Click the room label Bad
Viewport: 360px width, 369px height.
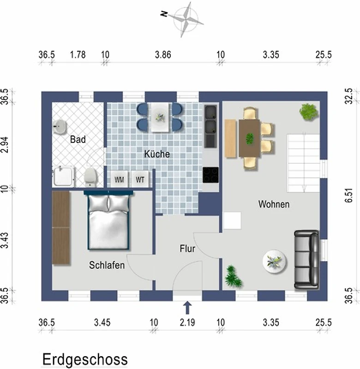pyautogui.click(x=78, y=139)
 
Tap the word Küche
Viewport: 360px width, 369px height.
pyautogui.click(x=157, y=154)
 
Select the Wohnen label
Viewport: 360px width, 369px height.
pyautogui.click(x=274, y=204)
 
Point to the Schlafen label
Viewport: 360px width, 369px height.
pyautogui.click(x=107, y=265)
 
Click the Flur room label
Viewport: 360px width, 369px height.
pyautogui.click(x=187, y=249)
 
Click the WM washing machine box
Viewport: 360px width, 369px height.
pyautogui.click(x=119, y=179)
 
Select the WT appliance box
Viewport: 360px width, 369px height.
pyautogui.click(x=140, y=179)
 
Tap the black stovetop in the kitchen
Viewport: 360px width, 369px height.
pyautogui.click(x=210, y=175)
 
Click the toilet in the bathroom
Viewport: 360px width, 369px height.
pyautogui.click(x=90, y=177)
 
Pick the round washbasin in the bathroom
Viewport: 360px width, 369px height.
pyautogui.click(x=59, y=126)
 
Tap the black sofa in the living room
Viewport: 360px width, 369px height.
pyautogui.click(x=306, y=260)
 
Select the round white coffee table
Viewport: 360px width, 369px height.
pyautogui.click(x=274, y=262)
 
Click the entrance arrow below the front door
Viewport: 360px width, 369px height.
pyautogui.click(x=187, y=308)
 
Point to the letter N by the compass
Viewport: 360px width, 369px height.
pyautogui.click(x=164, y=14)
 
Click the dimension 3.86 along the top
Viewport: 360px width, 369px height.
pyautogui.click(x=163, y=54)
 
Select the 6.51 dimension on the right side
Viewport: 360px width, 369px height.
pyautogui.click(x=350, y=195)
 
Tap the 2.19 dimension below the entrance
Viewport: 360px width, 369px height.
pyautogui.click(x=187, y=322)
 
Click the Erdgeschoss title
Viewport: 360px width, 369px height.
pyautogui.click(x=85, y=359)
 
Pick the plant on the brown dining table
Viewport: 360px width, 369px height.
pyautogui.click(x=250, y=139)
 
